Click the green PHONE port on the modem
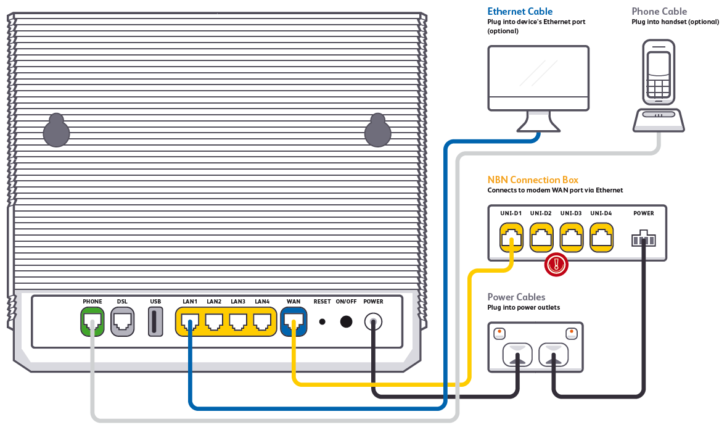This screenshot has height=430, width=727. pos(92,321)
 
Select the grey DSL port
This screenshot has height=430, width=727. pos(122,321)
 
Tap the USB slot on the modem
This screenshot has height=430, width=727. pos(155,321)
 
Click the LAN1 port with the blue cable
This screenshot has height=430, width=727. pos(190,321)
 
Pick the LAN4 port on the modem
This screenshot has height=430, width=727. pos(262,321)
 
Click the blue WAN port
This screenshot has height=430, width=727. pos(294,321)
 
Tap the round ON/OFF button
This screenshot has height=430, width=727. pos(347,321)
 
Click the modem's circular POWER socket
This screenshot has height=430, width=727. pos(373,321)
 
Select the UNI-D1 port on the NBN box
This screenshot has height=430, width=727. pos(511,238)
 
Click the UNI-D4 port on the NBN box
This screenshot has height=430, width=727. pos(601,238)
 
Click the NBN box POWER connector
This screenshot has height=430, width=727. pos(643,238)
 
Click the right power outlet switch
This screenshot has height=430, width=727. pos(572,334)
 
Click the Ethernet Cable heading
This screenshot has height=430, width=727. pos(520,11)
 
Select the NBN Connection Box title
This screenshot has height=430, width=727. pos(533,180)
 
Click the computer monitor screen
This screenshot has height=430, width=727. pos(538,78)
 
